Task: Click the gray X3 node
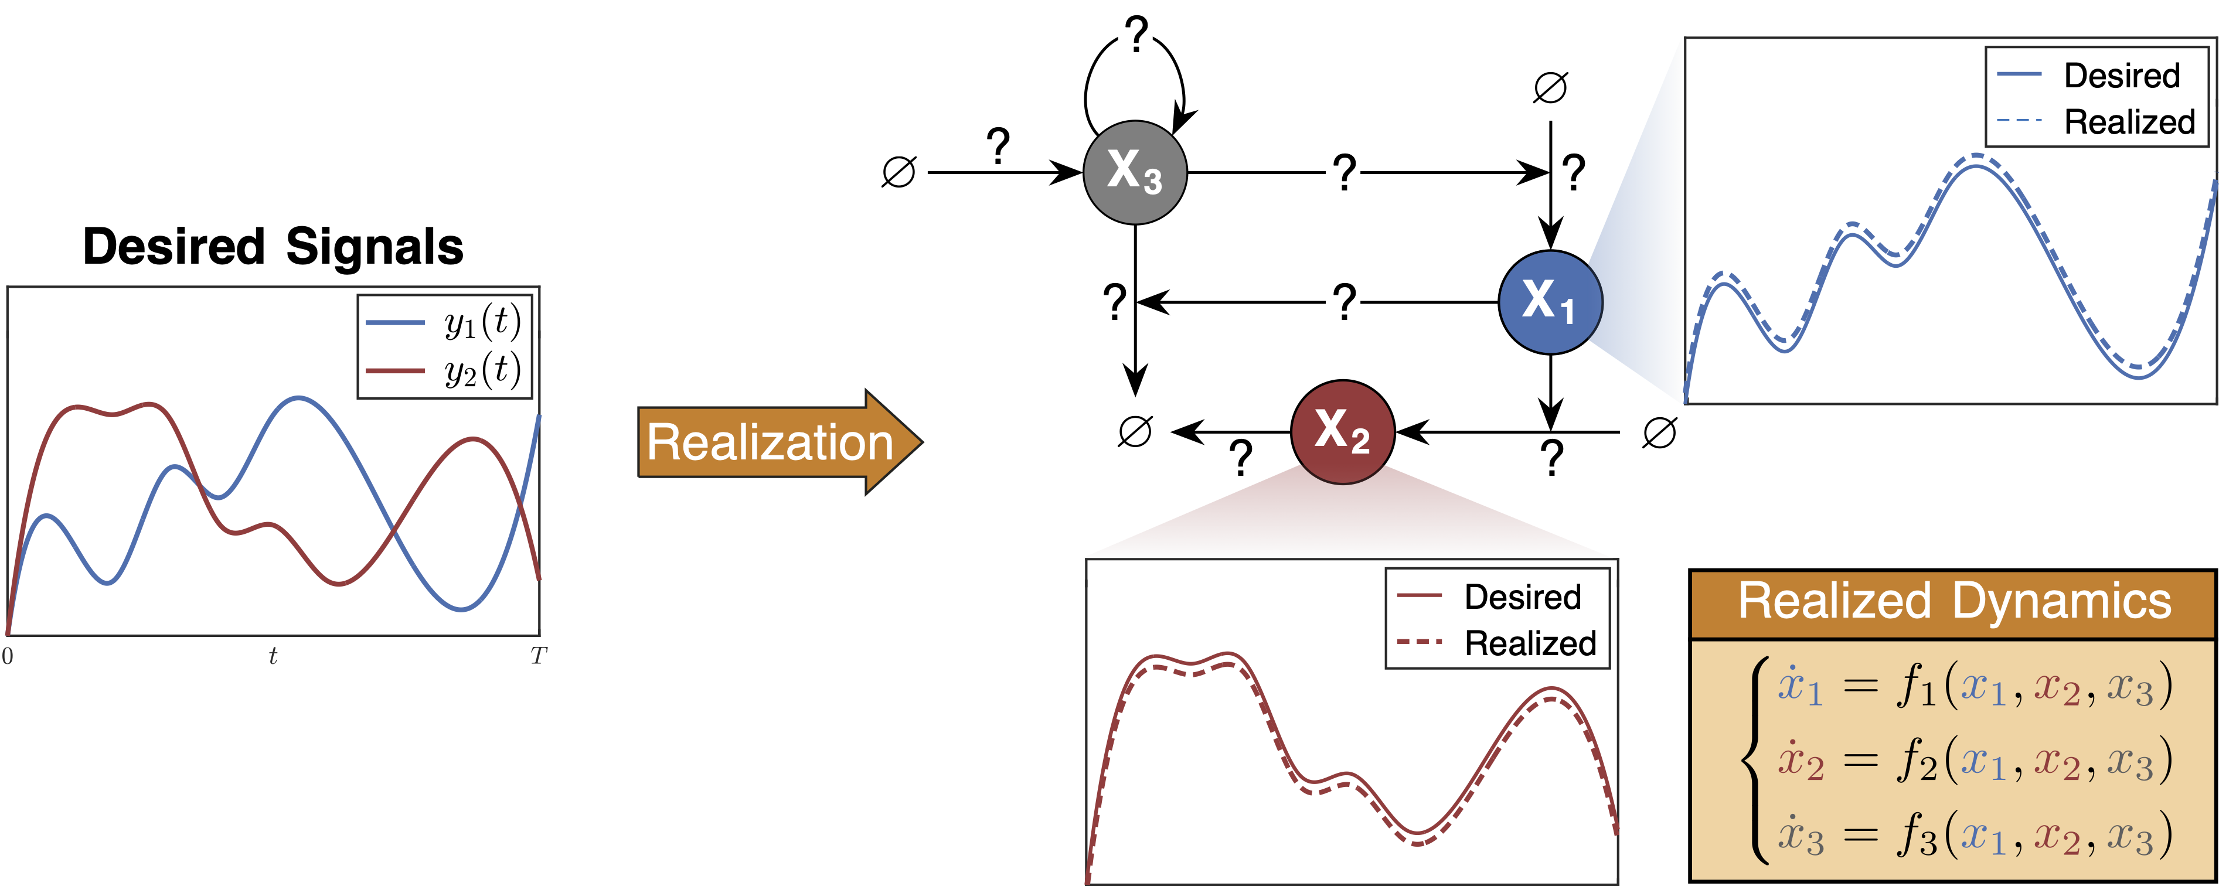(1135, 172)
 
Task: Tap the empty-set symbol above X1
(1550, 87)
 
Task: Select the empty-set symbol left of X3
(899, 172)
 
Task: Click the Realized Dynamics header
(1953, 602)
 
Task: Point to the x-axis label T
(539, 656)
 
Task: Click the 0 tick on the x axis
(8, 656)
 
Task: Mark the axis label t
(273, 656)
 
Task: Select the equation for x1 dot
(1973, 687)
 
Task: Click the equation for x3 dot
(1973, 835)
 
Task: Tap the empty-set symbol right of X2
(1659, 432)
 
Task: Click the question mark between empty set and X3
(998, 146)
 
